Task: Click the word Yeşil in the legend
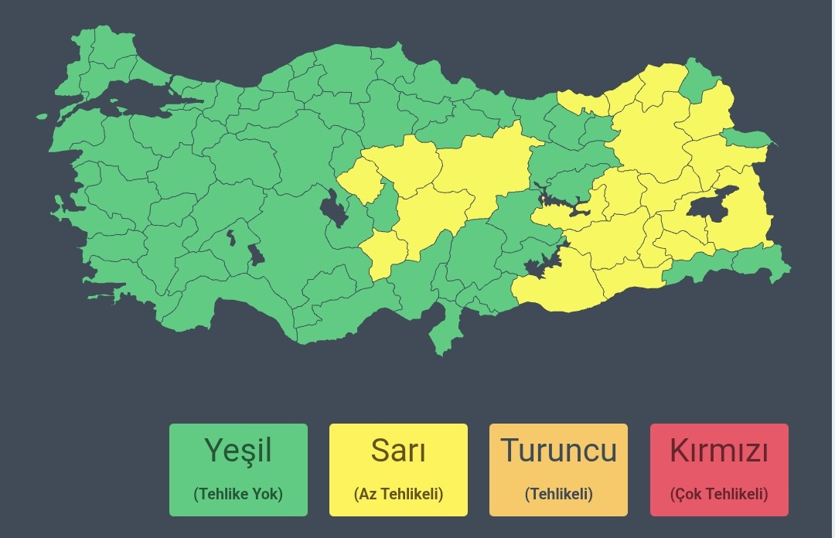pyautogui.click(x=238, y=450)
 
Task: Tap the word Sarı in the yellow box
pyautogui.click(x=398, y=450)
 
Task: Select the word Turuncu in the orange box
pyautogui.click(x=558, y=450)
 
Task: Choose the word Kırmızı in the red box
pyautogui.click(x=719, y=450)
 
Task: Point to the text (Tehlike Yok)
pyautogui.click(x=238, y=494)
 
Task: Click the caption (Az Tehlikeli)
pyautogui.click(x=398, y=494)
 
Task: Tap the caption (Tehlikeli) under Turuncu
pyautogui.click(x=558, y=494)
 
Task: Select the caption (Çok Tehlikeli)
pyautogui.click(x=719, y=494)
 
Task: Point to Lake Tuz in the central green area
pyautogui.click(x=334, y=209)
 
